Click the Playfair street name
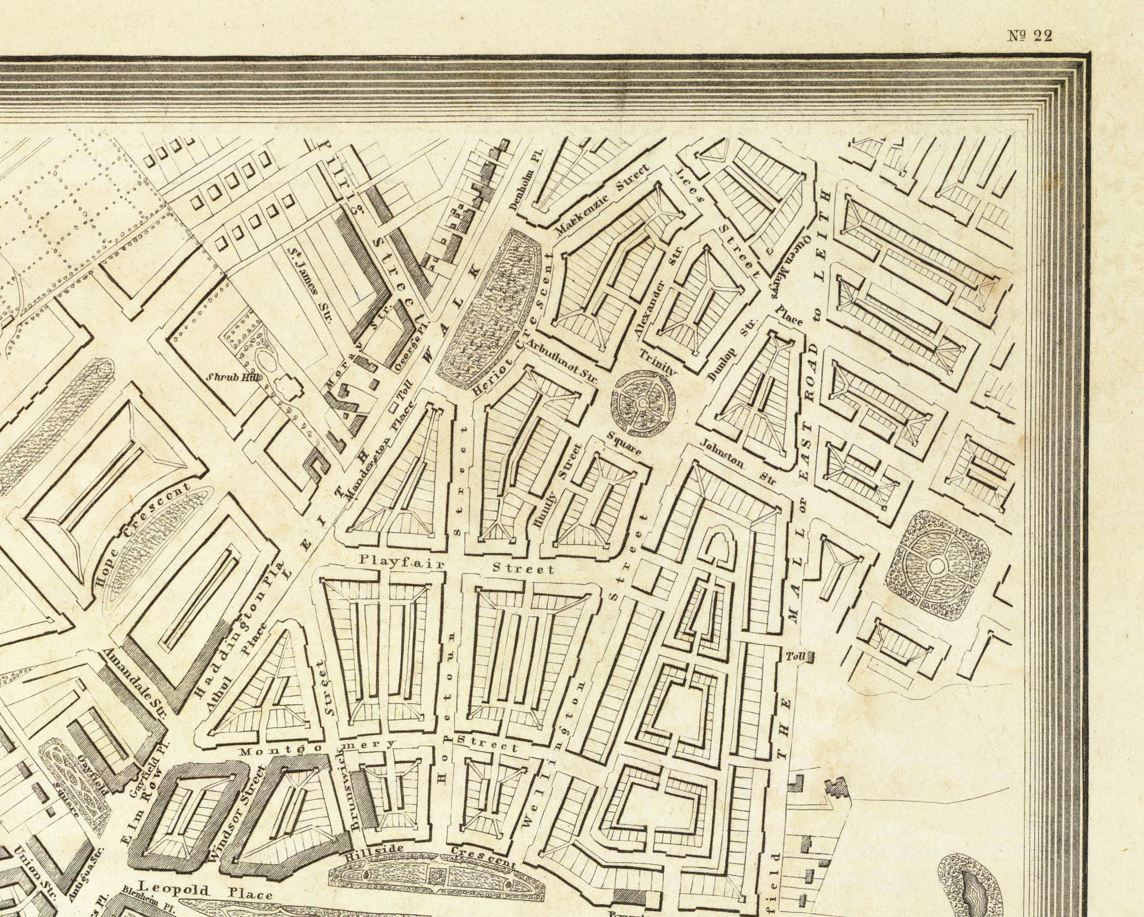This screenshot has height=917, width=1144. click(x=402, y=561)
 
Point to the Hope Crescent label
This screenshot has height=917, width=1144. click(x=143, y=533)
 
